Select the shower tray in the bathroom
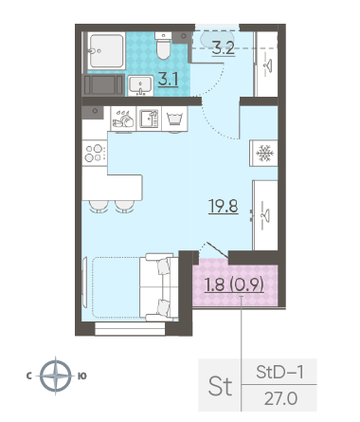tap(106, 50)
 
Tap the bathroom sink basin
tap(140, 85)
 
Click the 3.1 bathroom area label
tap(169, 79)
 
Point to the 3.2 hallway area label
tap(224, 48)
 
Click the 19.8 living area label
tap(224, 206)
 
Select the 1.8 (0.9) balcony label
tap(234, 284)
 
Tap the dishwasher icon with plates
tap(123, 119)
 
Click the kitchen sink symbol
tap(149, 119)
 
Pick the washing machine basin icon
tap(174, 119)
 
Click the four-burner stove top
tap(95, 153)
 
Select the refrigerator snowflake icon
tap(264, 154)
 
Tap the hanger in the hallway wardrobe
tap(268, 65)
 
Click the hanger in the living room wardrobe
tap(266, 215)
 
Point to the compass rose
tap(56, 376)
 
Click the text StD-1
tap(279, 372)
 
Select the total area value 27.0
tap(280, 398)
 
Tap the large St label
tap(220, 386)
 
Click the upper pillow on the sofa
tap(164, 266)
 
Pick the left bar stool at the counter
tap(99, 207)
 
